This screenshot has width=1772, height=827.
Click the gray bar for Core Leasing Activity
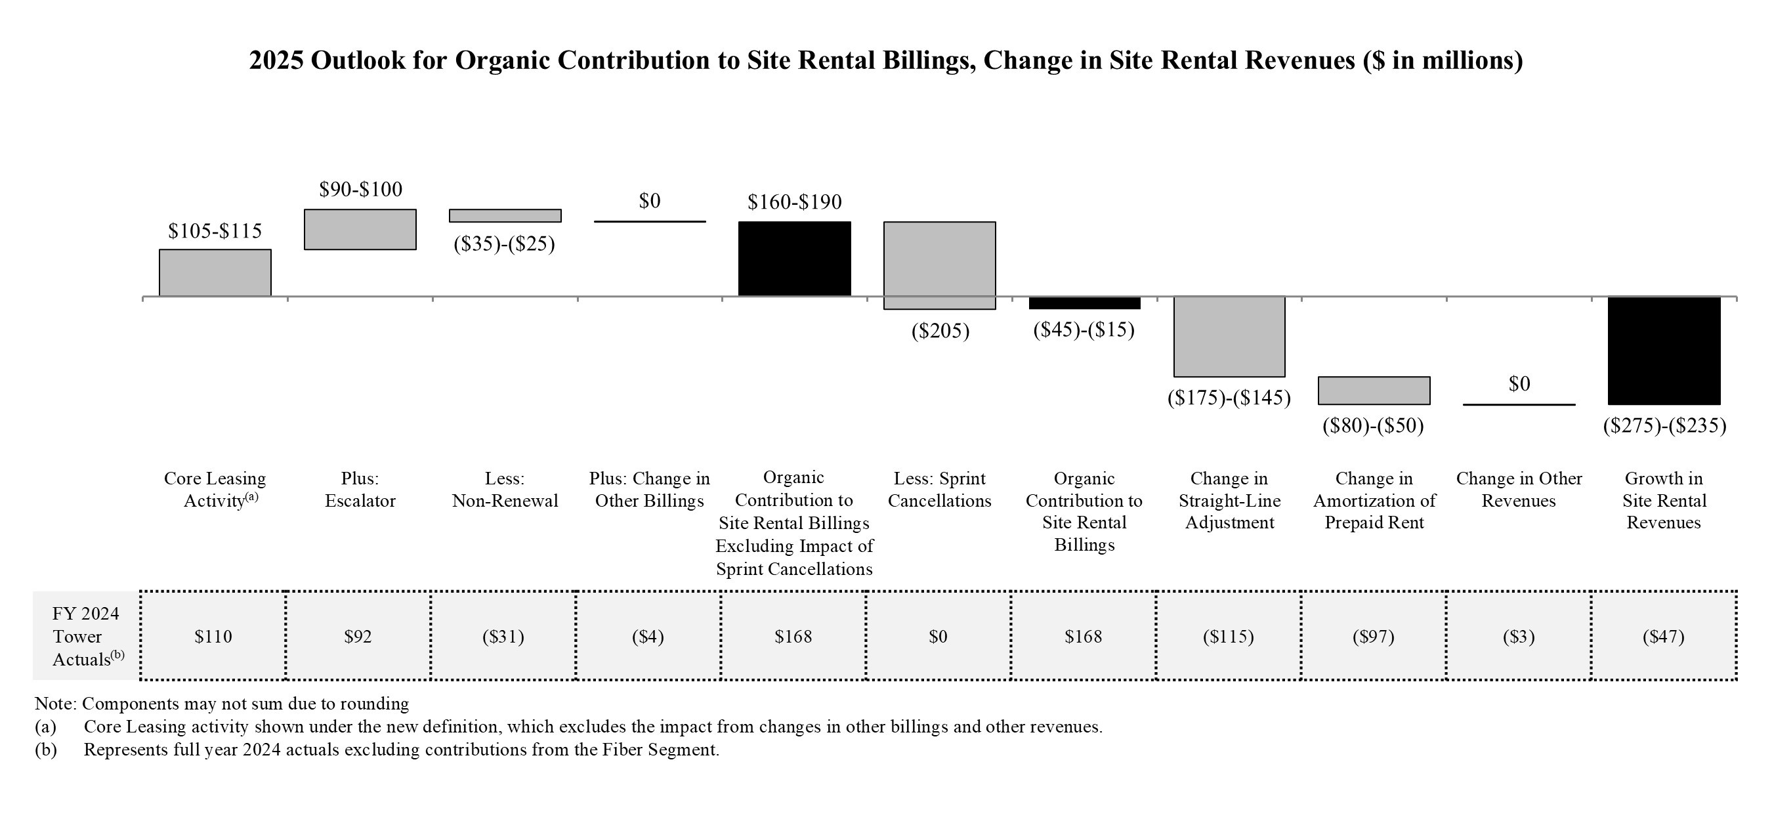[x=215, y=273]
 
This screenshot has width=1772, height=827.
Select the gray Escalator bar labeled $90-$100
[x=360, y=229]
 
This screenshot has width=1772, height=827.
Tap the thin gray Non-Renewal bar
[x=505, y=215]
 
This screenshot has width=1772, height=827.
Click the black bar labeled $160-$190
[x=795, y=259]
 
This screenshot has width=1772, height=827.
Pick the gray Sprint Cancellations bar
[x=939, y=265]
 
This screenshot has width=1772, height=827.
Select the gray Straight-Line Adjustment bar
[x=1229, y=337]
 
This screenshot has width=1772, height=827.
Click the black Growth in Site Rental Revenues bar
[x=1663, y=350]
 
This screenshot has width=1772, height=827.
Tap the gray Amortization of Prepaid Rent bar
[x=1374, y=390]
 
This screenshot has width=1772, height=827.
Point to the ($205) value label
[x=940, y=331]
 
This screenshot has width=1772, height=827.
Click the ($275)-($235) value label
[x=1664, y=426]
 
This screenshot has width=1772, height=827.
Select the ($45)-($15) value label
[x=1084, y=330]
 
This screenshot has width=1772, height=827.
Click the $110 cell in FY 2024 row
[x=213, y=637]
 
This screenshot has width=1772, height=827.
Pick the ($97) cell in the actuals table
[x=1373, y=637]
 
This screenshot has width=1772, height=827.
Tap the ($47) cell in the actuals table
[x=1663, y=637]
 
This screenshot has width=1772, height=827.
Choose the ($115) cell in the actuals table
[x=1228, y=637]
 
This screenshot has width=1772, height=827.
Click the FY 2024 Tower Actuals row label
[x=86, y=637]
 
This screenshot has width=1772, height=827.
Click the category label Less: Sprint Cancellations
[x=939, y=489]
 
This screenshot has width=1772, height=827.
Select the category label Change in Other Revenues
[x=1519, y=489]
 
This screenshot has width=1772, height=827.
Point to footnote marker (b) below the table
[x=45, y=750]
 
